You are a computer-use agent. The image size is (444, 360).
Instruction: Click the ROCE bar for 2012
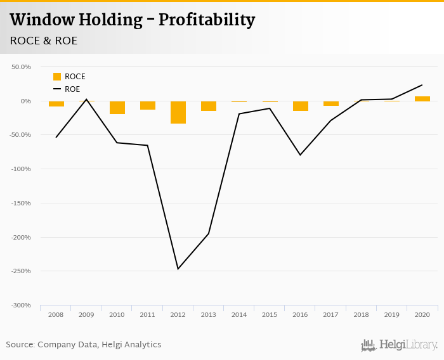pyautogui.click(x=178, y=112)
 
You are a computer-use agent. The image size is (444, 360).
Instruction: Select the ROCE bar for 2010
pyautogui.click(x=117, y=107)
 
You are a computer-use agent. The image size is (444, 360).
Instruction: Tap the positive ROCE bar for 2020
pyautogui.click(x=422, y=98)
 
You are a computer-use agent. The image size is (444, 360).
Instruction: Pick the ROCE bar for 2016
pyautogui.click(x=301, y=106)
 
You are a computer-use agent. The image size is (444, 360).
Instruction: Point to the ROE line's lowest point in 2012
pyautogui.click(x=178, y=269)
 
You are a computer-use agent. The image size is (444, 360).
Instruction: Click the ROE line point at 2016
pyautogui.click(x=301, y=155)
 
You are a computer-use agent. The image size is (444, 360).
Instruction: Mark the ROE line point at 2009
pyautogui.click(x=87, y=99)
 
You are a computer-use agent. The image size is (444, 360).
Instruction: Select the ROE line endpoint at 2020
pyautogui.click(x=422, y=85)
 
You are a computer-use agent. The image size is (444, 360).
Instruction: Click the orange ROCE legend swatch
pyautogui.click(x=57, y=77)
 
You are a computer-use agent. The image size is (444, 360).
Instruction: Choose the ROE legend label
pyautogui.click(x=72, y=89)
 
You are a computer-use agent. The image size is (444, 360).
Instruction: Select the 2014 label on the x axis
pyautogui.click(x=239, y=315)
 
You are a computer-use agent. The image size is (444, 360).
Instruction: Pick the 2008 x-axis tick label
pyautogui.click(x=56, y=315)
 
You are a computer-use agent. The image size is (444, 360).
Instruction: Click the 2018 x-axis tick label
pyautogui.click(x=362, y=315)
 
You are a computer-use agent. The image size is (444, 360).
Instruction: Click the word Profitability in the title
pyautogui.click(x=207, y=20)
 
